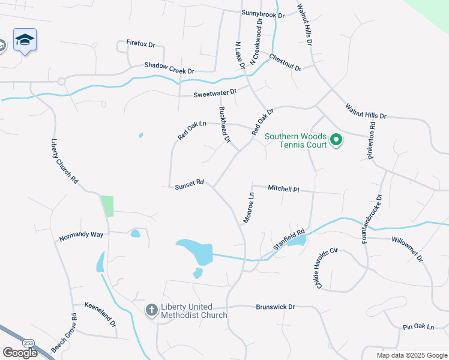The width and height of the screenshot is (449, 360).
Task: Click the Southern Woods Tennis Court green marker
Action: click(x=336, y=140)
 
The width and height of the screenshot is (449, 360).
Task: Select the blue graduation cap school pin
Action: click(x=25, y=40)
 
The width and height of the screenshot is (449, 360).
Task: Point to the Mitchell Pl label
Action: click(x=283, y=188)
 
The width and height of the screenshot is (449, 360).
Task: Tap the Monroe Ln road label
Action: click(x=249, y=208)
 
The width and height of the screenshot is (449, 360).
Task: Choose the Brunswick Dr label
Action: click(x=276, y=307)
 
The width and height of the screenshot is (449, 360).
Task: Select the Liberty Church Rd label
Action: click(x=64, y=161)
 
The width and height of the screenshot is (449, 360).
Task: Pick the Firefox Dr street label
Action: click(x=140, y=44)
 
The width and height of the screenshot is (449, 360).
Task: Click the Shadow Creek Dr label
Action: click(x=169, y=68)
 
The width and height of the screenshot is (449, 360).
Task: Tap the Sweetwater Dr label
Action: click(x=215, y=94)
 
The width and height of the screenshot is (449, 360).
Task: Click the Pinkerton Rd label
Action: click(x=372, y=142)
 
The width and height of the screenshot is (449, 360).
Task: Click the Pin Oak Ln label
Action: click(x=418, y=327)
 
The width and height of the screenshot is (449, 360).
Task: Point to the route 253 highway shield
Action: click(x=30, y=343)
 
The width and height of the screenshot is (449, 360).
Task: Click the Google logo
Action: click(x=20, y=353)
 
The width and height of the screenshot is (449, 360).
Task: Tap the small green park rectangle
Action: click(x=107, y=206)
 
